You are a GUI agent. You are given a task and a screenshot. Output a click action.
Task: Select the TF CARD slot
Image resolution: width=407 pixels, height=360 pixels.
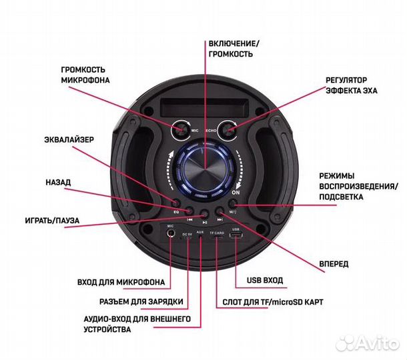(217, 241)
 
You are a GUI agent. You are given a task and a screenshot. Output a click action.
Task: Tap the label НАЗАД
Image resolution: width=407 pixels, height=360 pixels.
(58, 181)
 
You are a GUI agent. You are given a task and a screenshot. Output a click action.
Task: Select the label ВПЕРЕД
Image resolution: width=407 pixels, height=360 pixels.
(334, 264)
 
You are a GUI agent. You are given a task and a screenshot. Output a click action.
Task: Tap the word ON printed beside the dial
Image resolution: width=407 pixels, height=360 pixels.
(235, 193)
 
